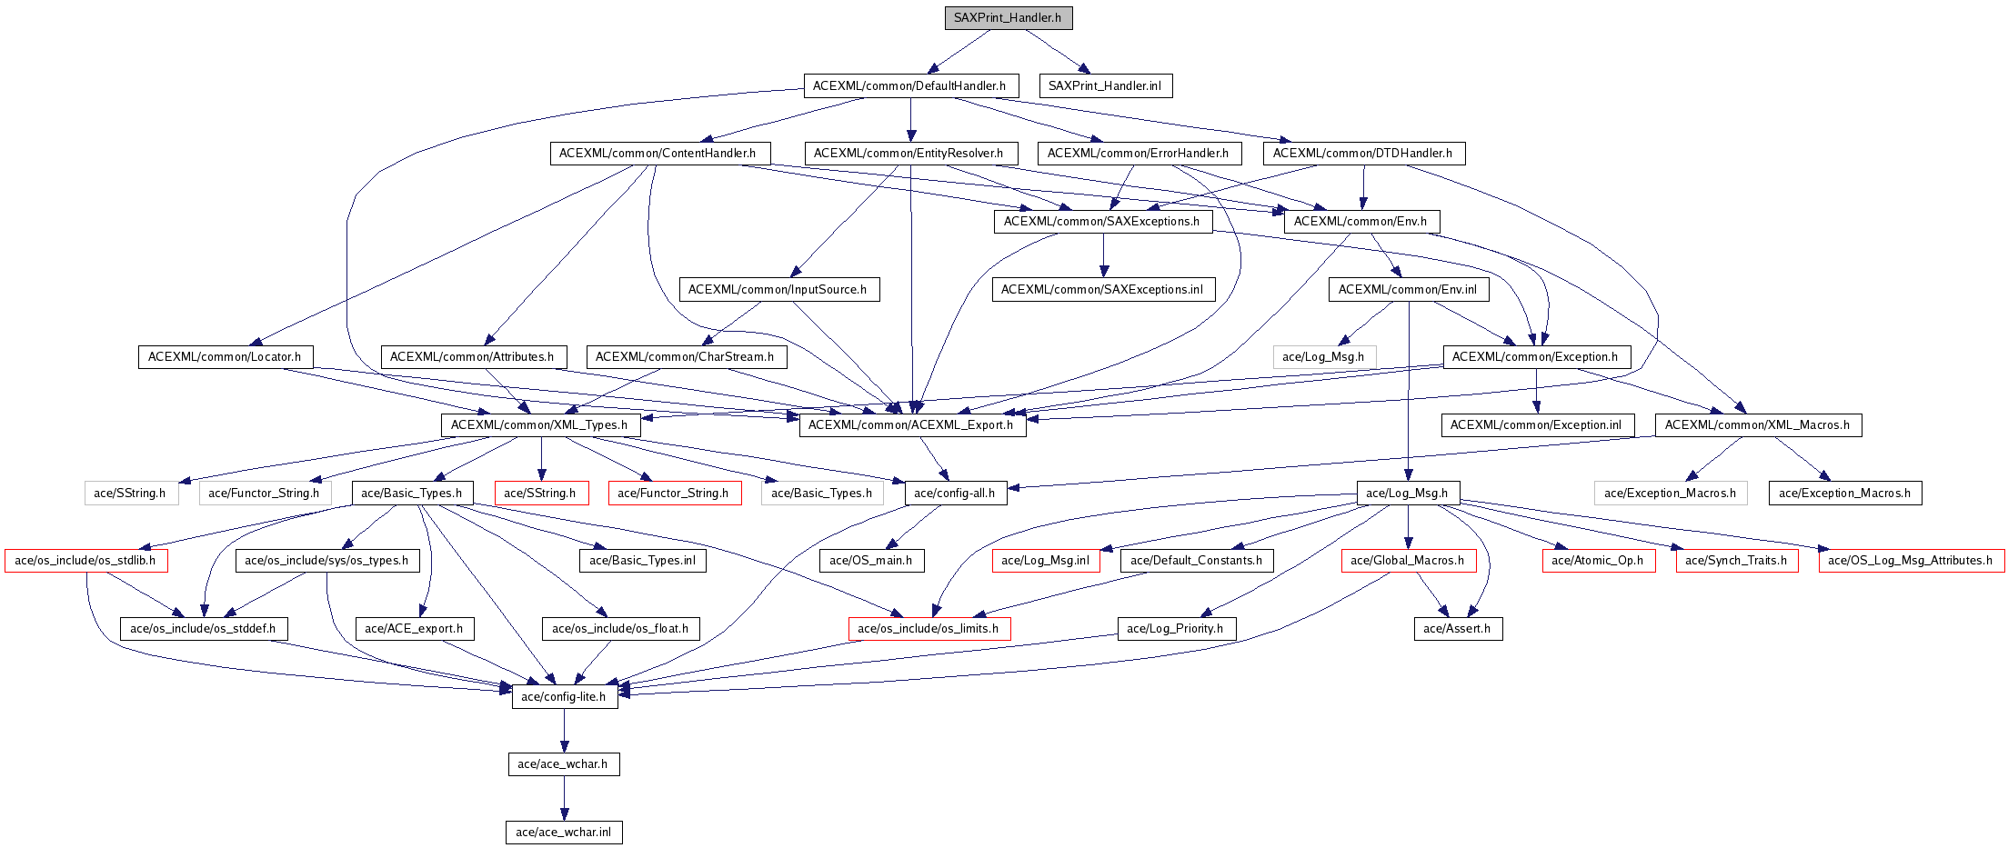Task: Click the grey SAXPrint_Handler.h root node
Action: click(1008, 18)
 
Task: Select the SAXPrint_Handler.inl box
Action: click(1105, 86)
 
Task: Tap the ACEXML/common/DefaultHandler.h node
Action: click(909, 86)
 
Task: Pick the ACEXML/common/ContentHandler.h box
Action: click(658, 154)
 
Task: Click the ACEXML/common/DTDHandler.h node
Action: click(1362, 154)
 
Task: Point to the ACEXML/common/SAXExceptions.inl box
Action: click(1102, 290)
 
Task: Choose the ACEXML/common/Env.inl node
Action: click(1408, 290)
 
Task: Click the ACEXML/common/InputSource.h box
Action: click(778, 290)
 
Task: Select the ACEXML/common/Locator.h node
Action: click(225, 357)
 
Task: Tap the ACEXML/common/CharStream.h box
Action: click(685, 357)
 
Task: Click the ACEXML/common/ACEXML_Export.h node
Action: click(911, 425)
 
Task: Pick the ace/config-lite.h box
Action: click(564, 697)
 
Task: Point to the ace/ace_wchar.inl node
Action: click(564, 833)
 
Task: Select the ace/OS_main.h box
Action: click(871, 561)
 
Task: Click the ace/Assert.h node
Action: click(1457, 629)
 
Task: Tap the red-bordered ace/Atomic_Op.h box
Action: click(1598, 561)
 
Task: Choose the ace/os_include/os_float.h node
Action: click(620, 629)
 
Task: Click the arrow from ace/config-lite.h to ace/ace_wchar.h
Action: click(564, 731)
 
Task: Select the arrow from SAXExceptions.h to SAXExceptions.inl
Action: click(1103, 255)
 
